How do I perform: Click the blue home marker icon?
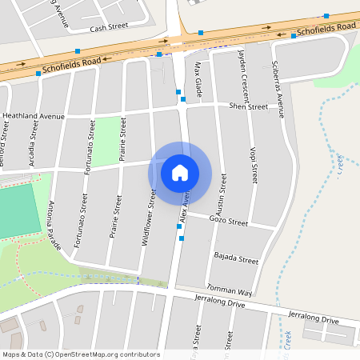pos(180,172)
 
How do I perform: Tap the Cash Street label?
pos(109,28)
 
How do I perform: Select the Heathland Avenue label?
pos(33,116)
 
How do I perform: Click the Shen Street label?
pos(248,106)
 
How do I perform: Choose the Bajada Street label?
pos(236,260)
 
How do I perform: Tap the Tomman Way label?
pos(230,290)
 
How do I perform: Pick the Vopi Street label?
pos(254,163)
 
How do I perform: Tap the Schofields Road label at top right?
pos(325,30)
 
